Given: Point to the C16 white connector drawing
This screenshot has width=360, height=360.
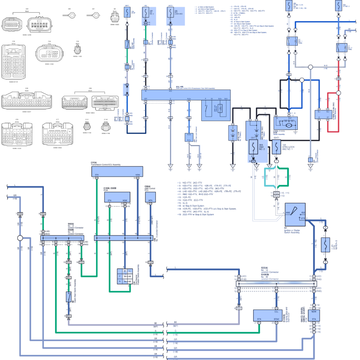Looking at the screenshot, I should click(x=14, y=62).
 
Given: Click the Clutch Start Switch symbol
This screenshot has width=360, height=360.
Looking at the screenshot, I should click(x=68, y=297).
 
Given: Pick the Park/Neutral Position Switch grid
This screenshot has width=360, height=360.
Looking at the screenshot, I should click(x=123, y=276).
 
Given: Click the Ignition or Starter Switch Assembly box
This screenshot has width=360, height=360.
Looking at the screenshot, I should click(x=295, y=215).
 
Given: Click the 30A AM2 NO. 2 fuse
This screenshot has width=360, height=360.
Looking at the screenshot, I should click(x=253, y=148).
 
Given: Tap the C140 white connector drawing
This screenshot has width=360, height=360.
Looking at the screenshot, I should click(x=106, y=127).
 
